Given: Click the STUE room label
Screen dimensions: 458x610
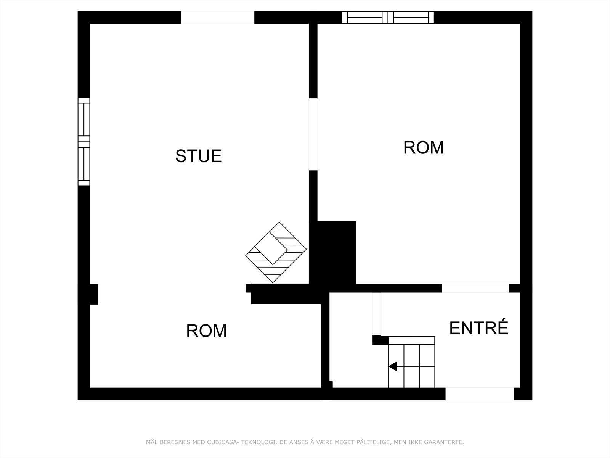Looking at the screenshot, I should (x=198, y=156).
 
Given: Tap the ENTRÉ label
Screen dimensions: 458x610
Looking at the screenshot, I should (x=479, y=328).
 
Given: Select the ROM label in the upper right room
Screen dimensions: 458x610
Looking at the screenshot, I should (x=424, y=148).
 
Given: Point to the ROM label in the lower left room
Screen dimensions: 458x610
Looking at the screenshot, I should (x=206, y=331).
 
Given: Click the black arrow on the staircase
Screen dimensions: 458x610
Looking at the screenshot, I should (x=393, y=367).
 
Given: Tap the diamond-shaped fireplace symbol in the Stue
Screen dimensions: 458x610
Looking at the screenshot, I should (x=276, y=252).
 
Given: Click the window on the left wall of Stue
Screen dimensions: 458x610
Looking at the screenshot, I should (x=84, y=142).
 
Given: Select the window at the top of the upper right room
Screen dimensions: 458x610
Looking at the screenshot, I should (x=388, y=18).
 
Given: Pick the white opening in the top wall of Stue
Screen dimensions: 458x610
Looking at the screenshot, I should (x=217, y=18).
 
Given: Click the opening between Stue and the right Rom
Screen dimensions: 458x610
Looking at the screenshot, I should (x=313, y=134).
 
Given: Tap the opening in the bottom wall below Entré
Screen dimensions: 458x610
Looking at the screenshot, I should (x=480, y=394).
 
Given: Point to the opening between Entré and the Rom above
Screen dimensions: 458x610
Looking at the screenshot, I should (x=475, y=288).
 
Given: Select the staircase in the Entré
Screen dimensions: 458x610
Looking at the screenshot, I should (x=412, y=363).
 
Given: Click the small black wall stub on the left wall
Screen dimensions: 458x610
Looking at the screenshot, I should (x=94, y=294).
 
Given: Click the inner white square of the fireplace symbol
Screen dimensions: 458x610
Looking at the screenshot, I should (x=271, y=248).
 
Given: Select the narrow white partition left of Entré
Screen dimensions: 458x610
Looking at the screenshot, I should (x=376, y=314).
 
